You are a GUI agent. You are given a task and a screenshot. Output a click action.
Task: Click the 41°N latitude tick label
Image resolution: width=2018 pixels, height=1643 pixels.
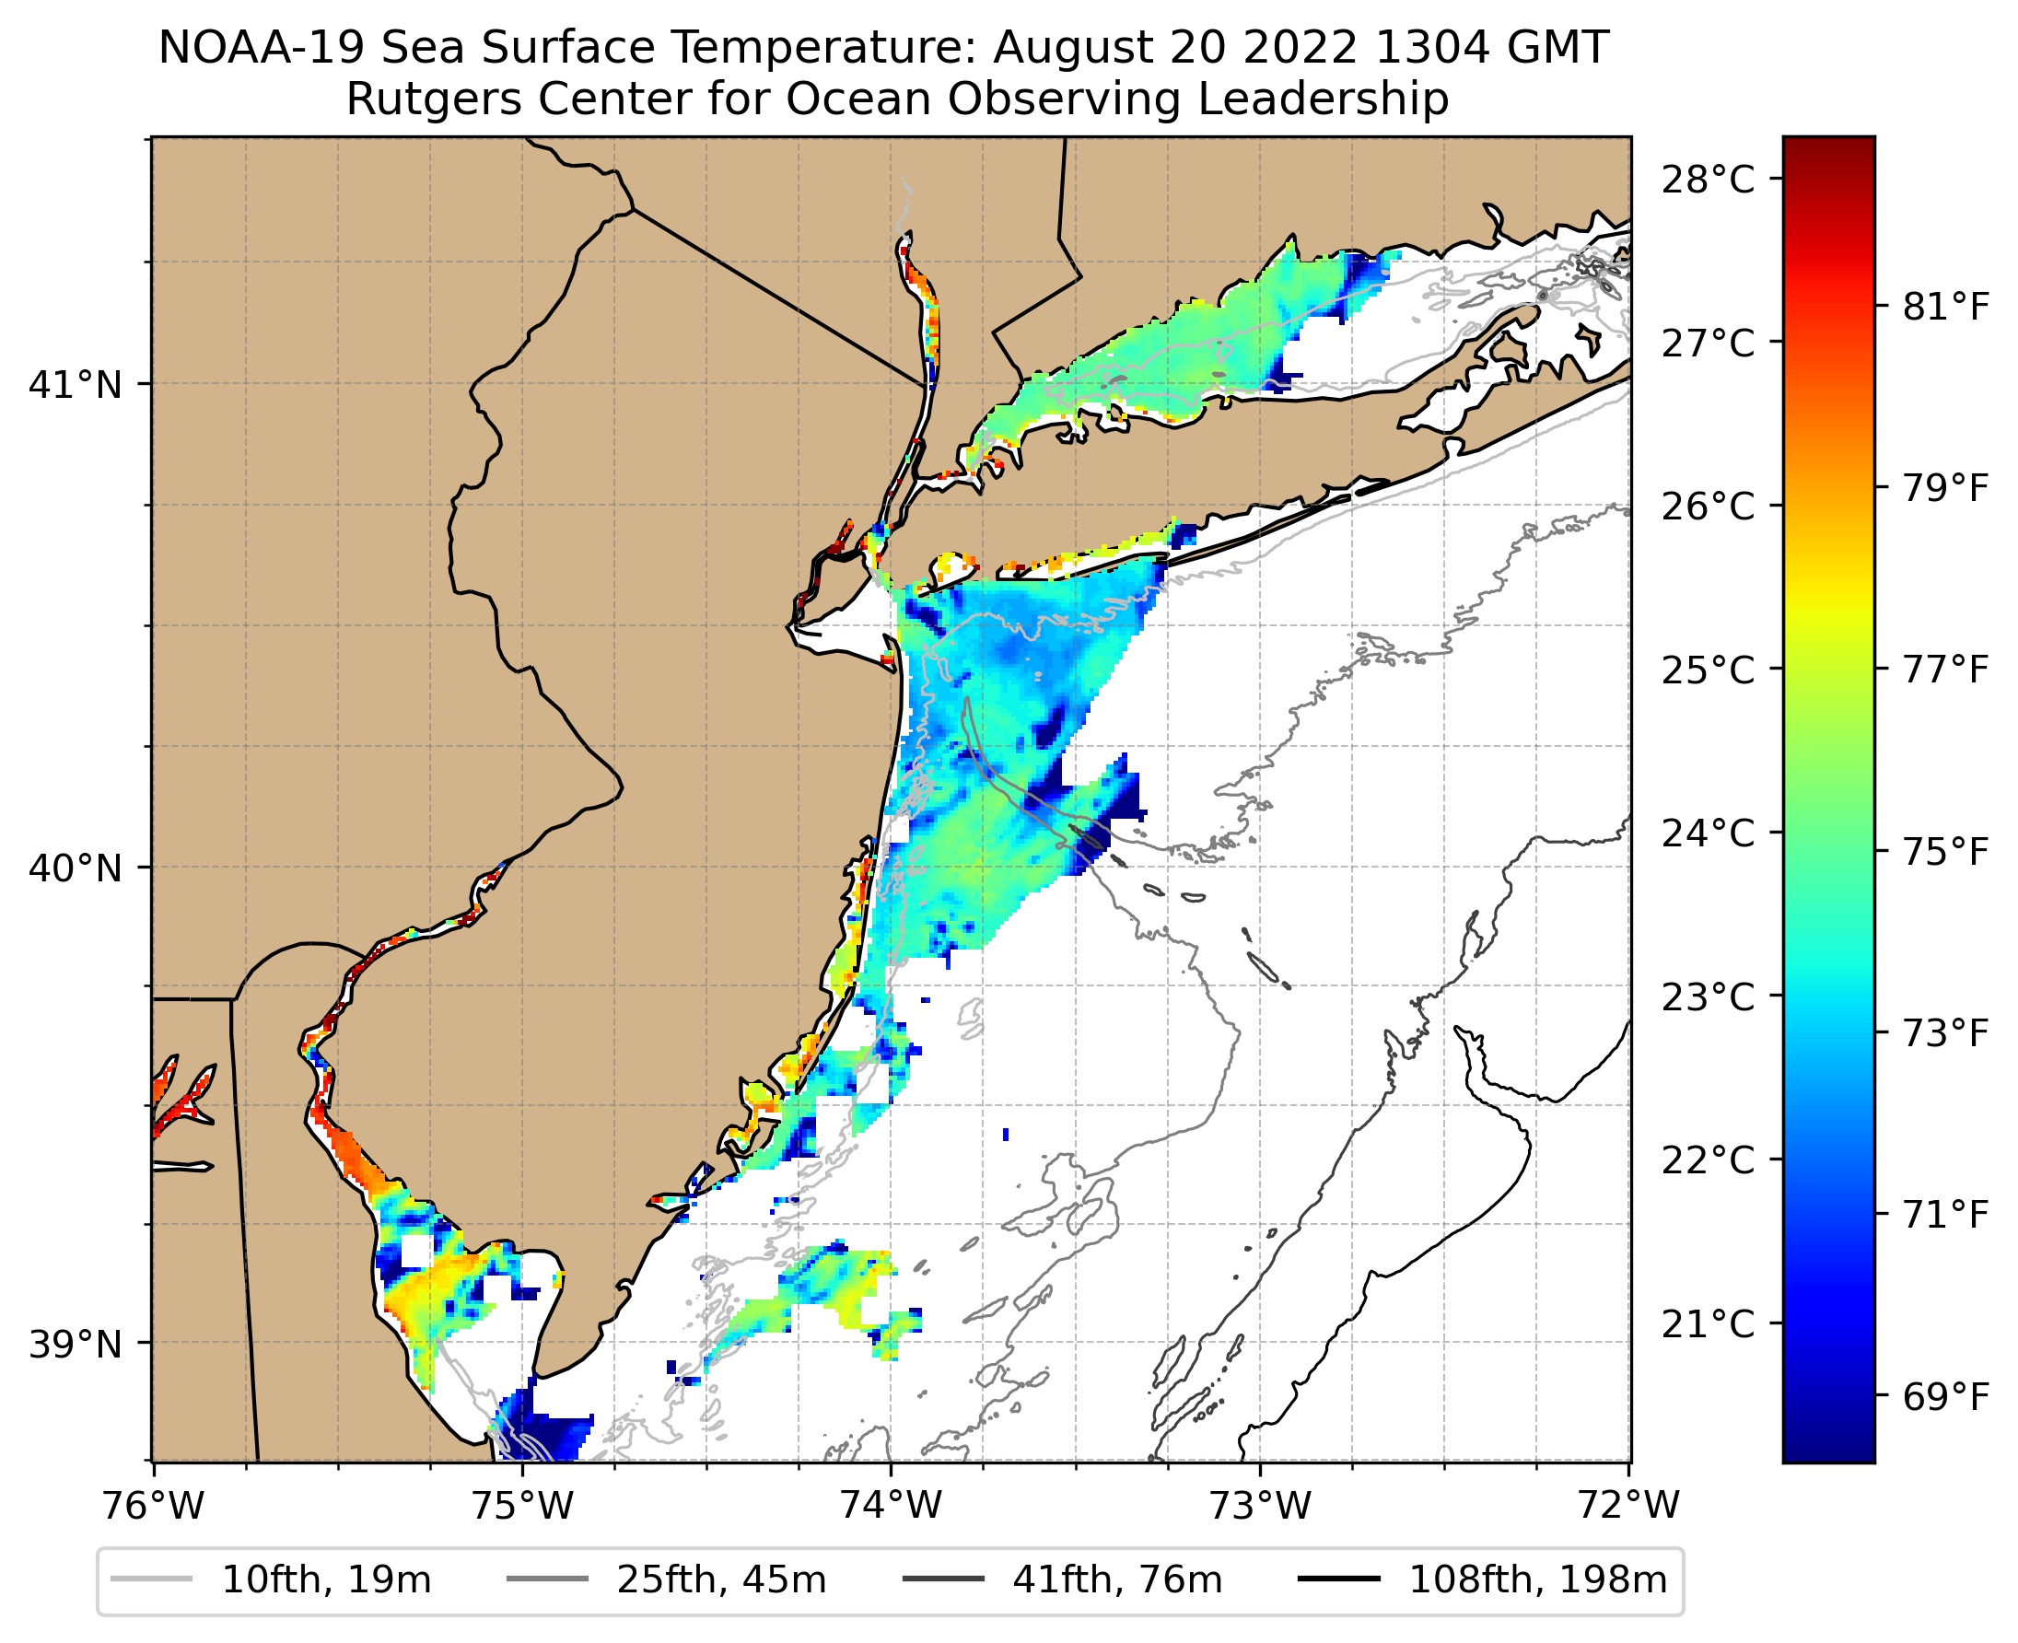click(76, 385)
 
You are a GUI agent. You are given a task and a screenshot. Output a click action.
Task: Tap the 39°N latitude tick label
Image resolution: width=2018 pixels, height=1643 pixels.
click(76, 1344)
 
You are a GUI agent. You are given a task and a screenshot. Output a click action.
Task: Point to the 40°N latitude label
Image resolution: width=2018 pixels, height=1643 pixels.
click(76, 868)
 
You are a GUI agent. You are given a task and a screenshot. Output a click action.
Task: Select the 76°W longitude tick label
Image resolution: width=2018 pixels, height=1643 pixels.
click(153, 1506)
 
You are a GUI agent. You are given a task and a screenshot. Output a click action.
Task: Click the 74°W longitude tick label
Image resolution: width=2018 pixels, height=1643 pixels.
click(892, 1506)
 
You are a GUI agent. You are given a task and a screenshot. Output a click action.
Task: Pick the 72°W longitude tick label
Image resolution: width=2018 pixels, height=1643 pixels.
click(1629, 1506)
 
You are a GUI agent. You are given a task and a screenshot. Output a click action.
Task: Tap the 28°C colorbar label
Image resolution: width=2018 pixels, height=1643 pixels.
click(1708, 179)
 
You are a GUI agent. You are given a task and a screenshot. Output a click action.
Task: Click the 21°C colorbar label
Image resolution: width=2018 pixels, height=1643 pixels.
click(1708, 1323)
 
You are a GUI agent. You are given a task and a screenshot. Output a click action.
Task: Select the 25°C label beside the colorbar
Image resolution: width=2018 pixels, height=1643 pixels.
click(1708, 670)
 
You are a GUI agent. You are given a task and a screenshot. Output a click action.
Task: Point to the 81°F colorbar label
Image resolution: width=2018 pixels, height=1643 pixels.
click(1946, 307)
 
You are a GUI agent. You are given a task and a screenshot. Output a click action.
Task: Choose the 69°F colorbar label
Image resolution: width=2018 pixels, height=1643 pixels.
click(1946, 1397)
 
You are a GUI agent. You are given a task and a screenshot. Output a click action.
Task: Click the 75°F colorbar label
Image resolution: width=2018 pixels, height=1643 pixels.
click(1946, 852)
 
